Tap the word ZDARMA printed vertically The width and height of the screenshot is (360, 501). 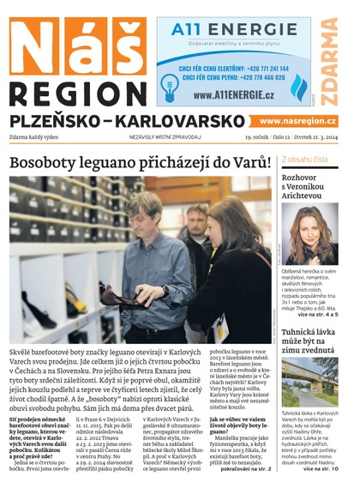[x=330, y=59]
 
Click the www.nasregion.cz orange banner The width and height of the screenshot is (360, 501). [x=297, y=121]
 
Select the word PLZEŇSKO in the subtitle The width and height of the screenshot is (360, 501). [x=57, y=121]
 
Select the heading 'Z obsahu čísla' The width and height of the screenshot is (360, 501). [x=303, y=160]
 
